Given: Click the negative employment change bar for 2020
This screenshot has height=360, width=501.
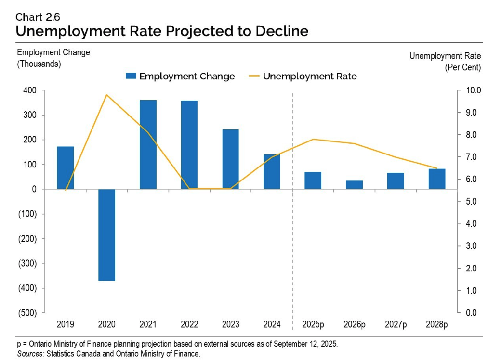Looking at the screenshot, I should (106, 234).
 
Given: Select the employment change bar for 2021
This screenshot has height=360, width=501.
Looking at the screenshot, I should (148, 144).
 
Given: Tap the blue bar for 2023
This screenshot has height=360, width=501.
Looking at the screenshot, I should (230, 159).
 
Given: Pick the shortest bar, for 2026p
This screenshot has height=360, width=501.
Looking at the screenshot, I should (354, 185).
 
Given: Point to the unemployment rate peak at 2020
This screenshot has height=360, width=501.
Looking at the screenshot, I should (106, 95).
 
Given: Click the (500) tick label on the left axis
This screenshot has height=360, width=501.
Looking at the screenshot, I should (27, 313).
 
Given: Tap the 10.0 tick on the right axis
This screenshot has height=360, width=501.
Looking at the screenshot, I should (473, 90).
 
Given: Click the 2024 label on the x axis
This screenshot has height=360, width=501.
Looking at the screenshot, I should (272, 324).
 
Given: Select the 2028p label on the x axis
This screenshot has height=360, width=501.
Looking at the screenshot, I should (436, 324).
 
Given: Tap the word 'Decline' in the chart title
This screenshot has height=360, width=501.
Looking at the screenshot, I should (280, 31).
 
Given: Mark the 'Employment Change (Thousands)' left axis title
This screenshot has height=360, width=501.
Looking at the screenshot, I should (53, 58).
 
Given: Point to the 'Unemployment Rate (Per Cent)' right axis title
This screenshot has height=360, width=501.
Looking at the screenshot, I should (445, 62).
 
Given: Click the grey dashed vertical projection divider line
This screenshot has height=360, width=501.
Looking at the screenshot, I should (292, 241).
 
